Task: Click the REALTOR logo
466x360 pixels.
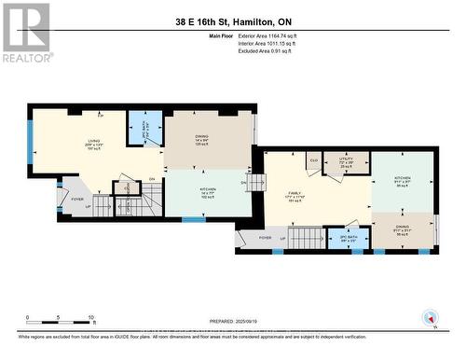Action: coord(24,32)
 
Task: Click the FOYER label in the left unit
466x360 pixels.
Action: coord(77,198)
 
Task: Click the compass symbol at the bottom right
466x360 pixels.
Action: coord(430,316)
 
